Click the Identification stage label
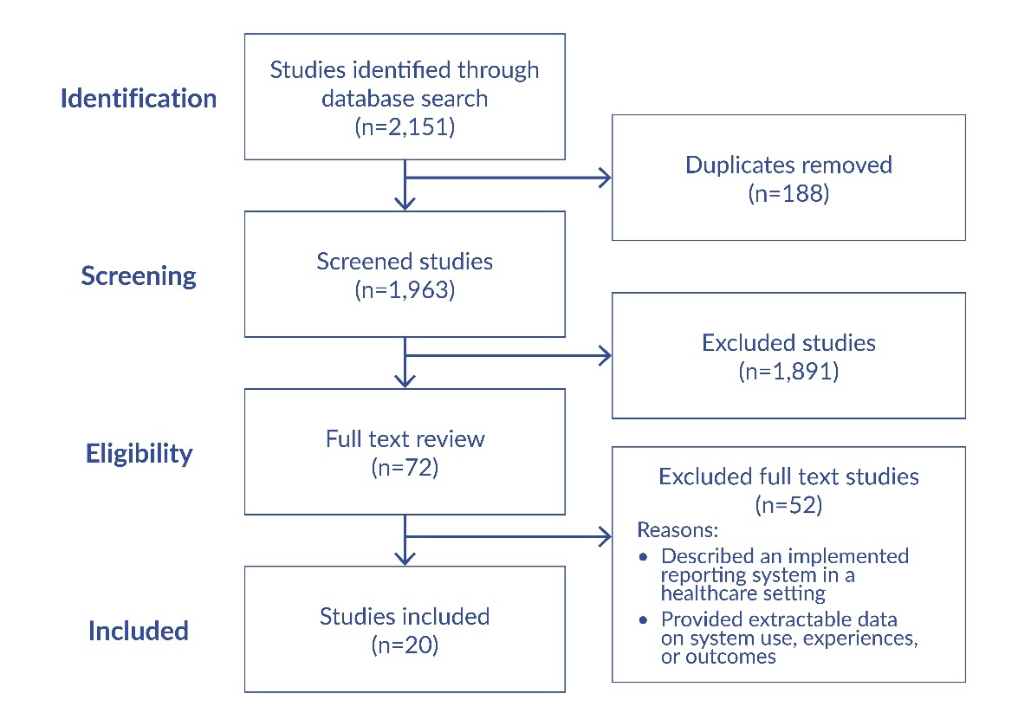[x=139, y=98]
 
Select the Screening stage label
[x=139, y=275]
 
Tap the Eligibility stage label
[x=139, y=453]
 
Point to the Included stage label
[x=139, y=631]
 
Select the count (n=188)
[x=788, y=193]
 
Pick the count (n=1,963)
[x=405, y=290]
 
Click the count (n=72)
[x=405, y=468]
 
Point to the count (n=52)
[x=788, y=504]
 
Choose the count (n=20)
[x=405, y=645]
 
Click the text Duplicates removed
[x=788, y=165]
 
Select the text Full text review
[x=405, y=438]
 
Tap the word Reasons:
[x=678, y=529]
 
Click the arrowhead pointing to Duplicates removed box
[x=604, y=178]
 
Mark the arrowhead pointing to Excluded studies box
[x=604, y=355]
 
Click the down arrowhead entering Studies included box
[x=405, y=556]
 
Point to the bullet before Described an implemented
[x=643, y=556]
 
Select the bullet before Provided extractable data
[x=643, y=620]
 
